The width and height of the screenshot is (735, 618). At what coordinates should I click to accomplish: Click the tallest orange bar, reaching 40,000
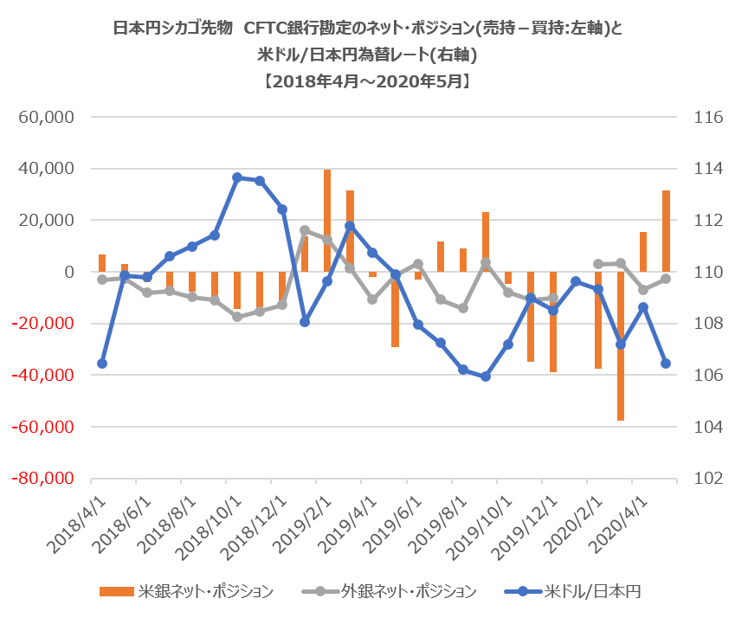(x=327, y=221)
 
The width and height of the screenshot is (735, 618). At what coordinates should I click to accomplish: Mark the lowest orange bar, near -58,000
(x=621, y=346)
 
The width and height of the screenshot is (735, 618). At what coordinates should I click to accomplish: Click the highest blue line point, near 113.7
(x=237, y=177)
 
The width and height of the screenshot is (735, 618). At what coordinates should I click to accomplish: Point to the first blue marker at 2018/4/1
(x=101, y=364)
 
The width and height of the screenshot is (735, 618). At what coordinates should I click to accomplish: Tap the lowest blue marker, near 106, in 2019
(x=486, y=377)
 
